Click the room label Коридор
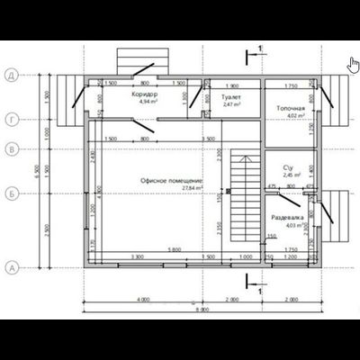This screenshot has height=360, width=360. coord(144,94)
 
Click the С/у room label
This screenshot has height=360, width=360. coord(289,167)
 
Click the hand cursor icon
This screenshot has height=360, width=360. coord(353,64)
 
